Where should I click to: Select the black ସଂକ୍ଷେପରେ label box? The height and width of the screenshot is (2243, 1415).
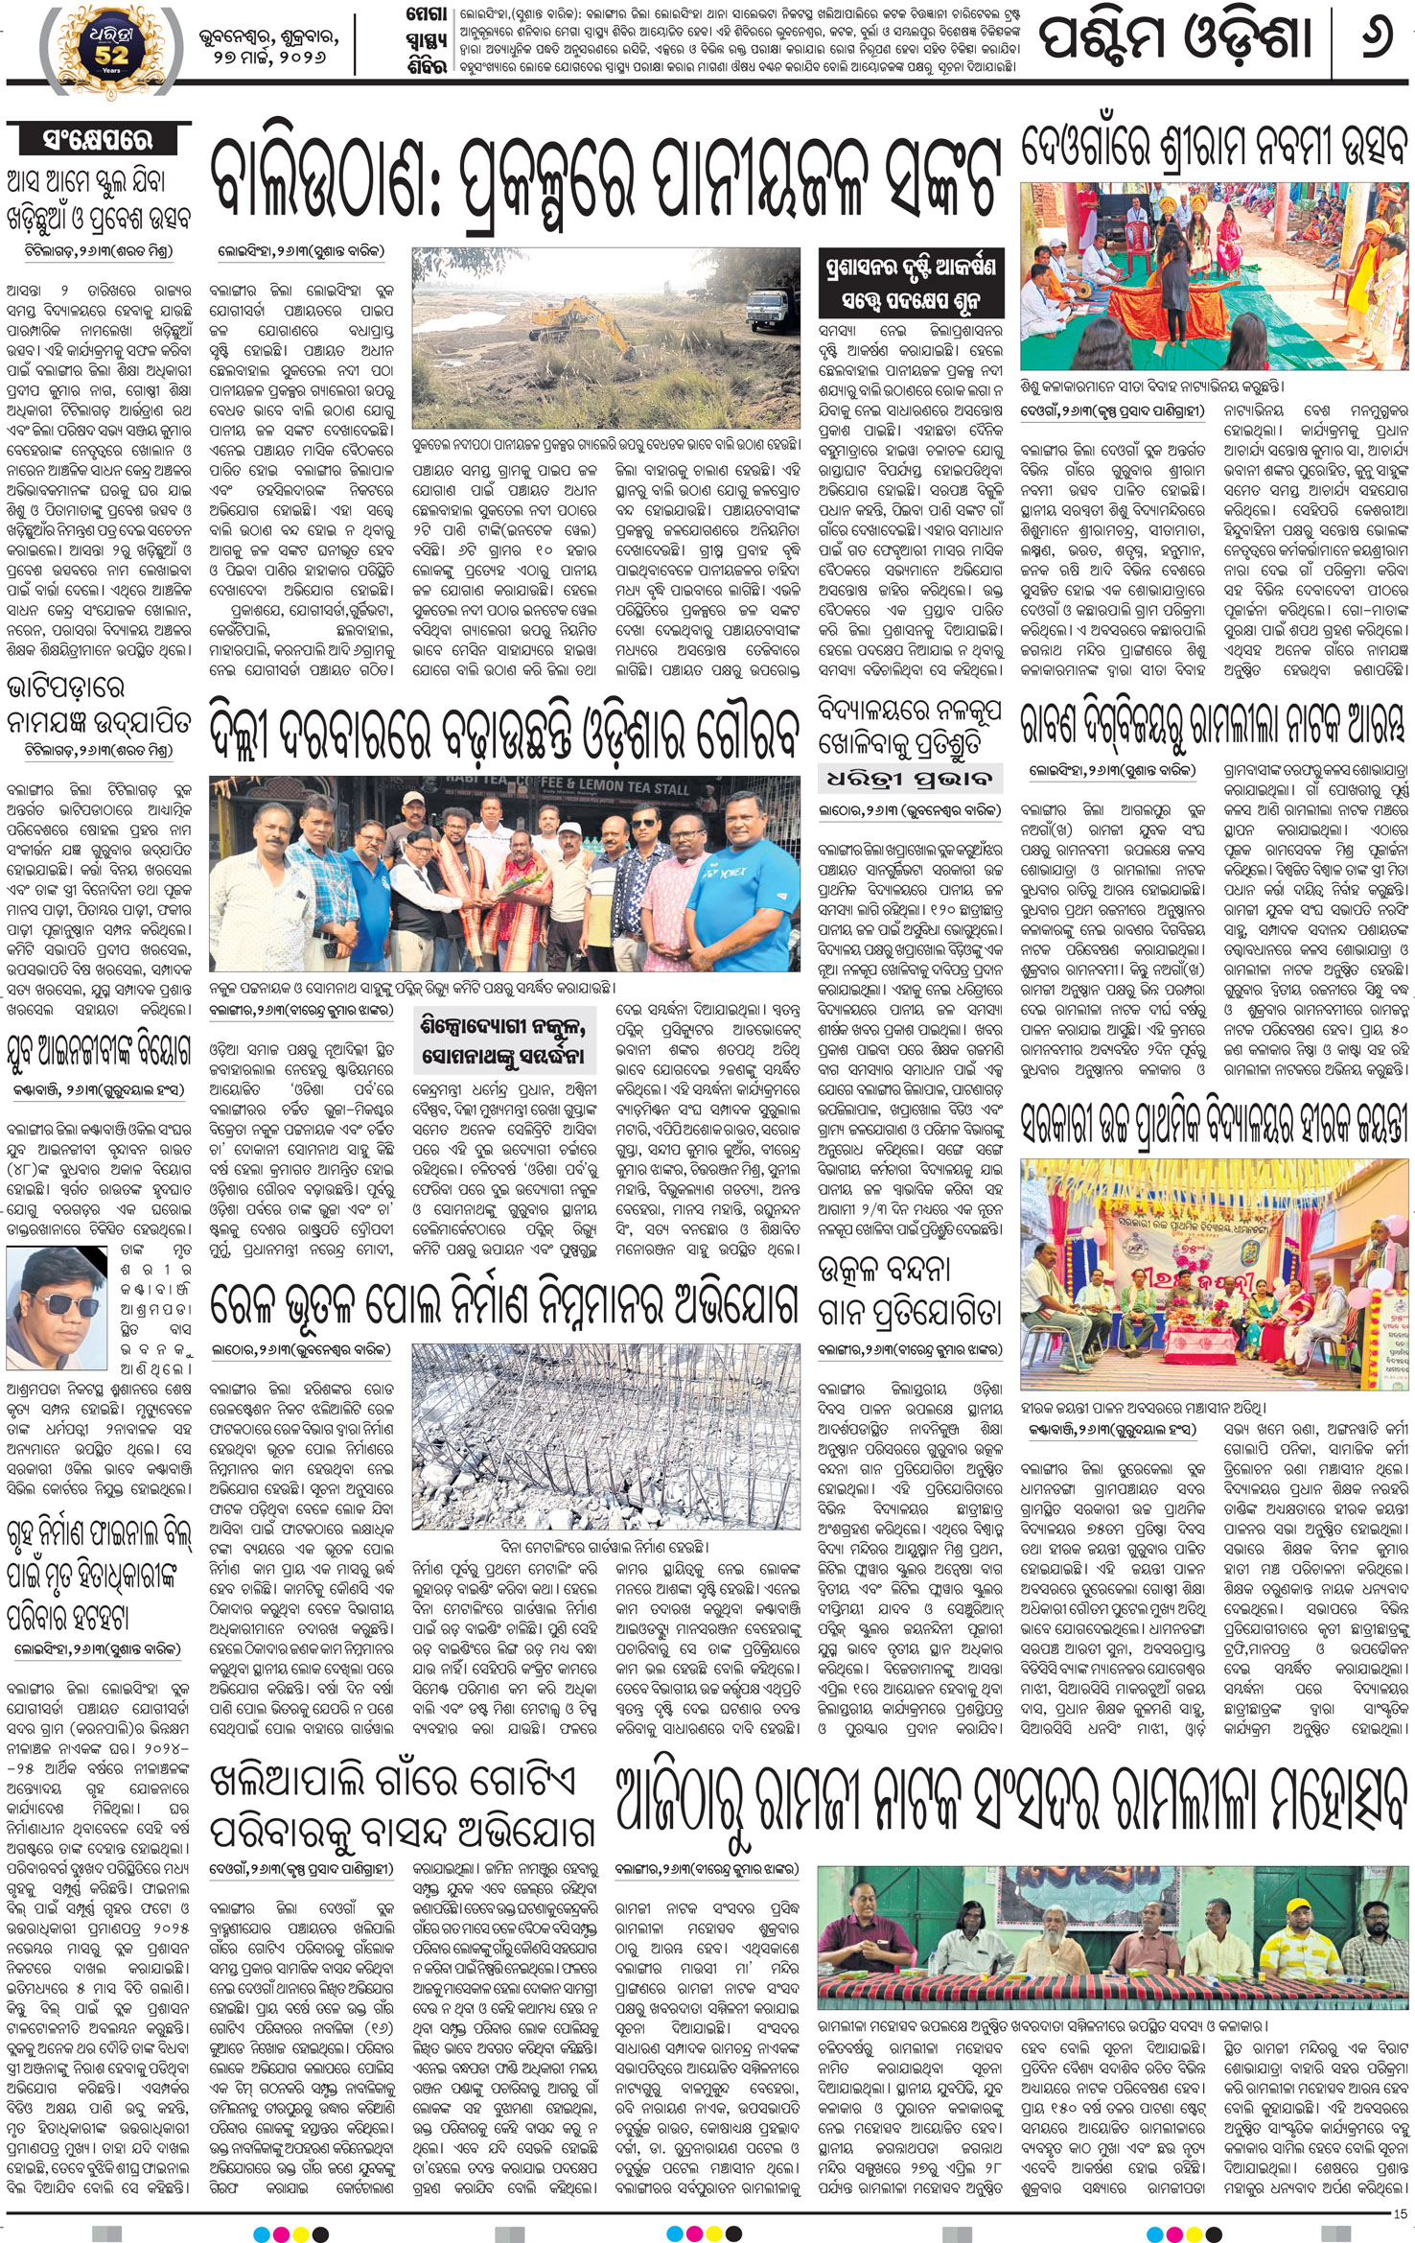(x=99, y=139)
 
